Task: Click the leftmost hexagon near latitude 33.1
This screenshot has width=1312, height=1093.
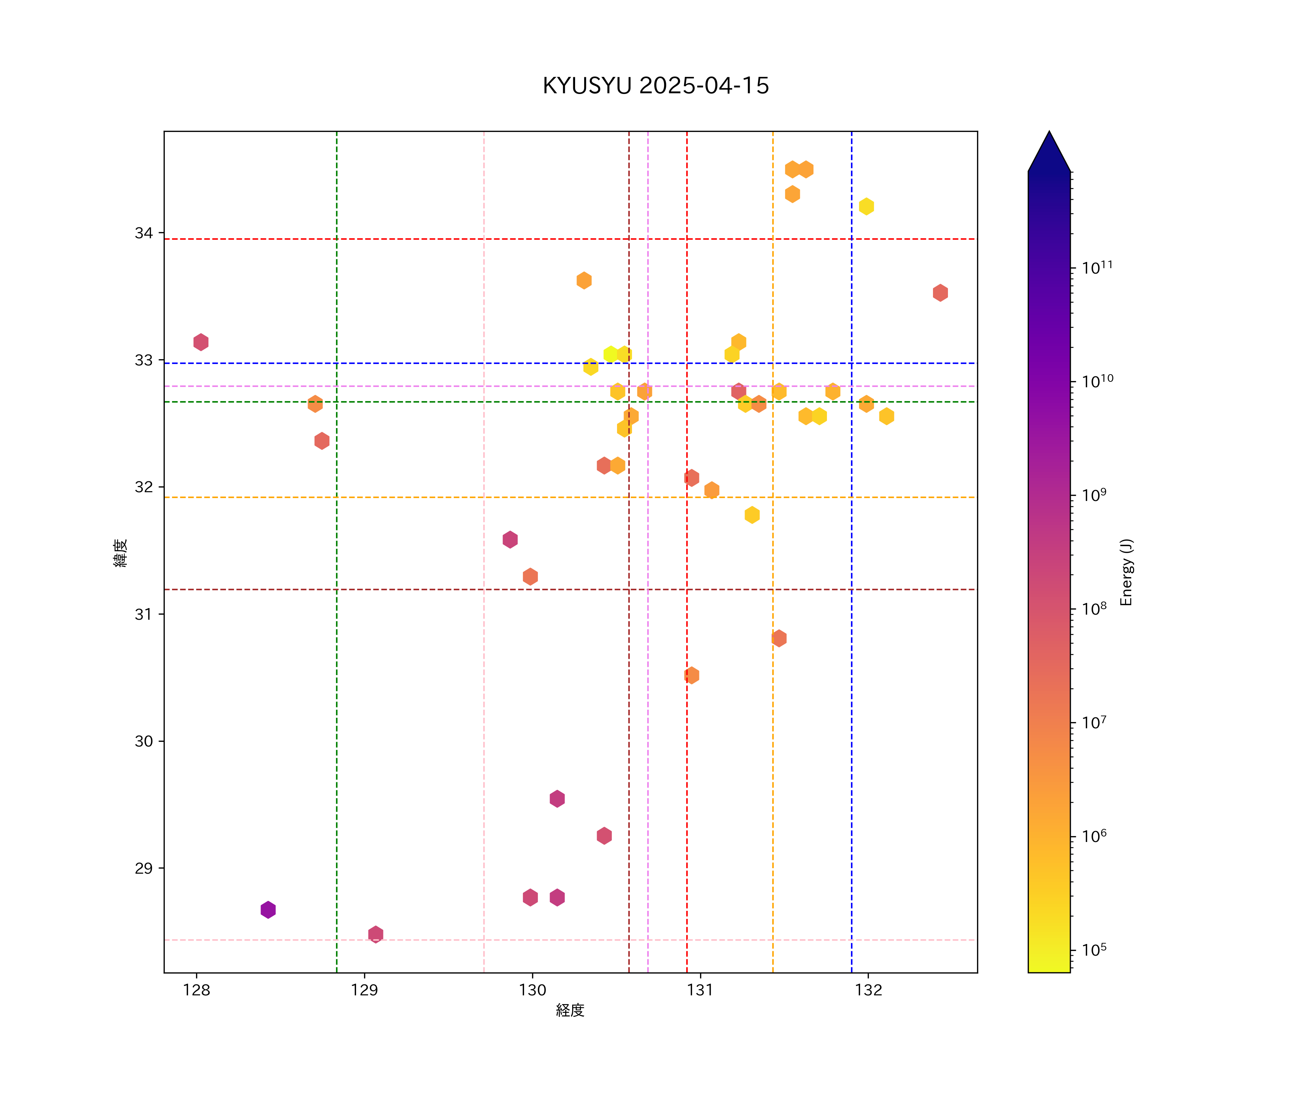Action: coord(200,342)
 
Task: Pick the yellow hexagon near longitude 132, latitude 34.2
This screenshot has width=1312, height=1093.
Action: coord(866,206)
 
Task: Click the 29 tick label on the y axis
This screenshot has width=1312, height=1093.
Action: coord(144,869)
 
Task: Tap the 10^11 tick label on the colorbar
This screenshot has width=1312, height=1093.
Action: coord(1097,268)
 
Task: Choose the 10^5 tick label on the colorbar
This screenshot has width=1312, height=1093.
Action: coord(1094,950)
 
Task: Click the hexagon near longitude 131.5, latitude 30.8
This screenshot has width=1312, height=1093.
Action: coord(778,638)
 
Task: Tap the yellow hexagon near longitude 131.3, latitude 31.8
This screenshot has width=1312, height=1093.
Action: coord(751,515)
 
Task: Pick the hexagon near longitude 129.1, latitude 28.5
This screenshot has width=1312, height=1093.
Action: coord(375,935)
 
